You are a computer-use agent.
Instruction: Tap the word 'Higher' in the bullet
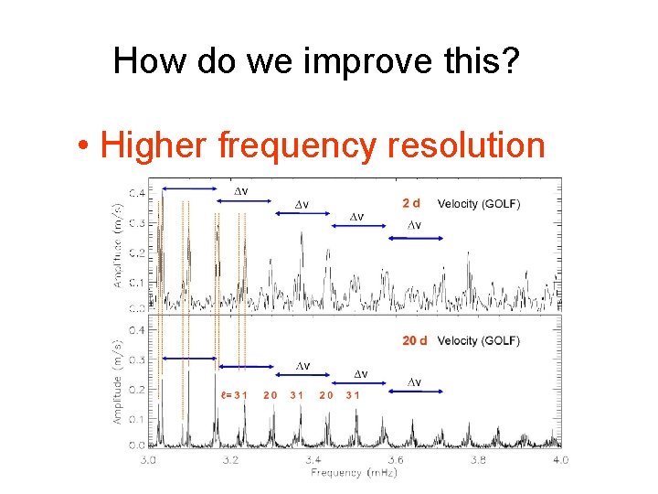154,145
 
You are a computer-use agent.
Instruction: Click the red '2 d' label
412,203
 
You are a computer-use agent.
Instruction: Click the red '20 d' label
415,340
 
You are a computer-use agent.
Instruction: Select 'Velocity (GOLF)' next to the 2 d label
479,203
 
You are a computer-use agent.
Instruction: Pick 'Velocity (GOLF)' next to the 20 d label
479,340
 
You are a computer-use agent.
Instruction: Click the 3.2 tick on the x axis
230,459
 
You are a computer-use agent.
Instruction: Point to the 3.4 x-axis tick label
313,459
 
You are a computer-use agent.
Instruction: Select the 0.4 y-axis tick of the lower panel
134,329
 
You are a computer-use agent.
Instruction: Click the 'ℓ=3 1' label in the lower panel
233,395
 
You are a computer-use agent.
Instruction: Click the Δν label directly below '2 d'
413,225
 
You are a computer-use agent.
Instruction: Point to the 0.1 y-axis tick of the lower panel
134,418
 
